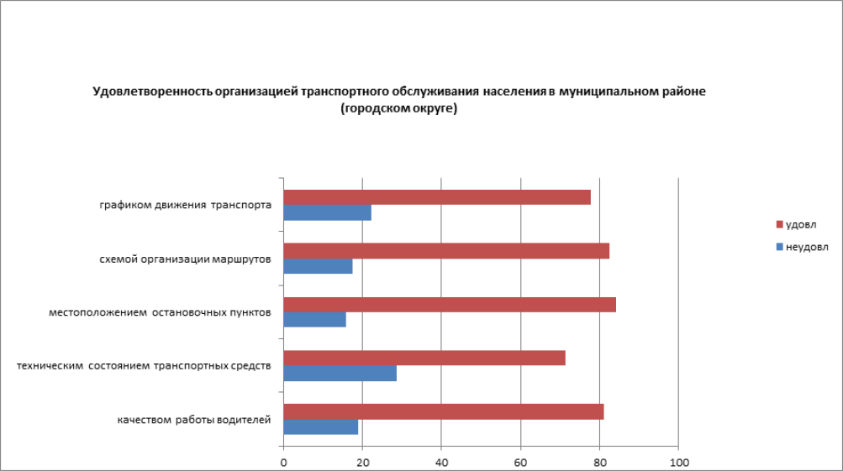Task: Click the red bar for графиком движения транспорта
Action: point(437,197)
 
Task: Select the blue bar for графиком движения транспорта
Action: point(327,213)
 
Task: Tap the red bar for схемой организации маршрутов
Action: point(446,251)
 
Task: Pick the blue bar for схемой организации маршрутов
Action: point(318,266)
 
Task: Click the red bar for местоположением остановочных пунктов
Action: point(450,304)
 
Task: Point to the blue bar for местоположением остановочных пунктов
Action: point(314,320)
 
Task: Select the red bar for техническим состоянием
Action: point(424,358)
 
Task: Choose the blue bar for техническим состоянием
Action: point(340,374)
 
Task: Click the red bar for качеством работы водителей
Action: point(443,411)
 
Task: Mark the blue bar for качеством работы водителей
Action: point(321,427)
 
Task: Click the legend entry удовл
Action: point(800,225)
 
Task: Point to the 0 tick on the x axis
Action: point(284,463)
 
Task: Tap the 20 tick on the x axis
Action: point(362,463)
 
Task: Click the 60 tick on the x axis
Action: point(520,463)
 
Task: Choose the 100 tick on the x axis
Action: point(678,463)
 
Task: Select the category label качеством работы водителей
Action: point(193,420)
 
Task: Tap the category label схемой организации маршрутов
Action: point(184,259)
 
